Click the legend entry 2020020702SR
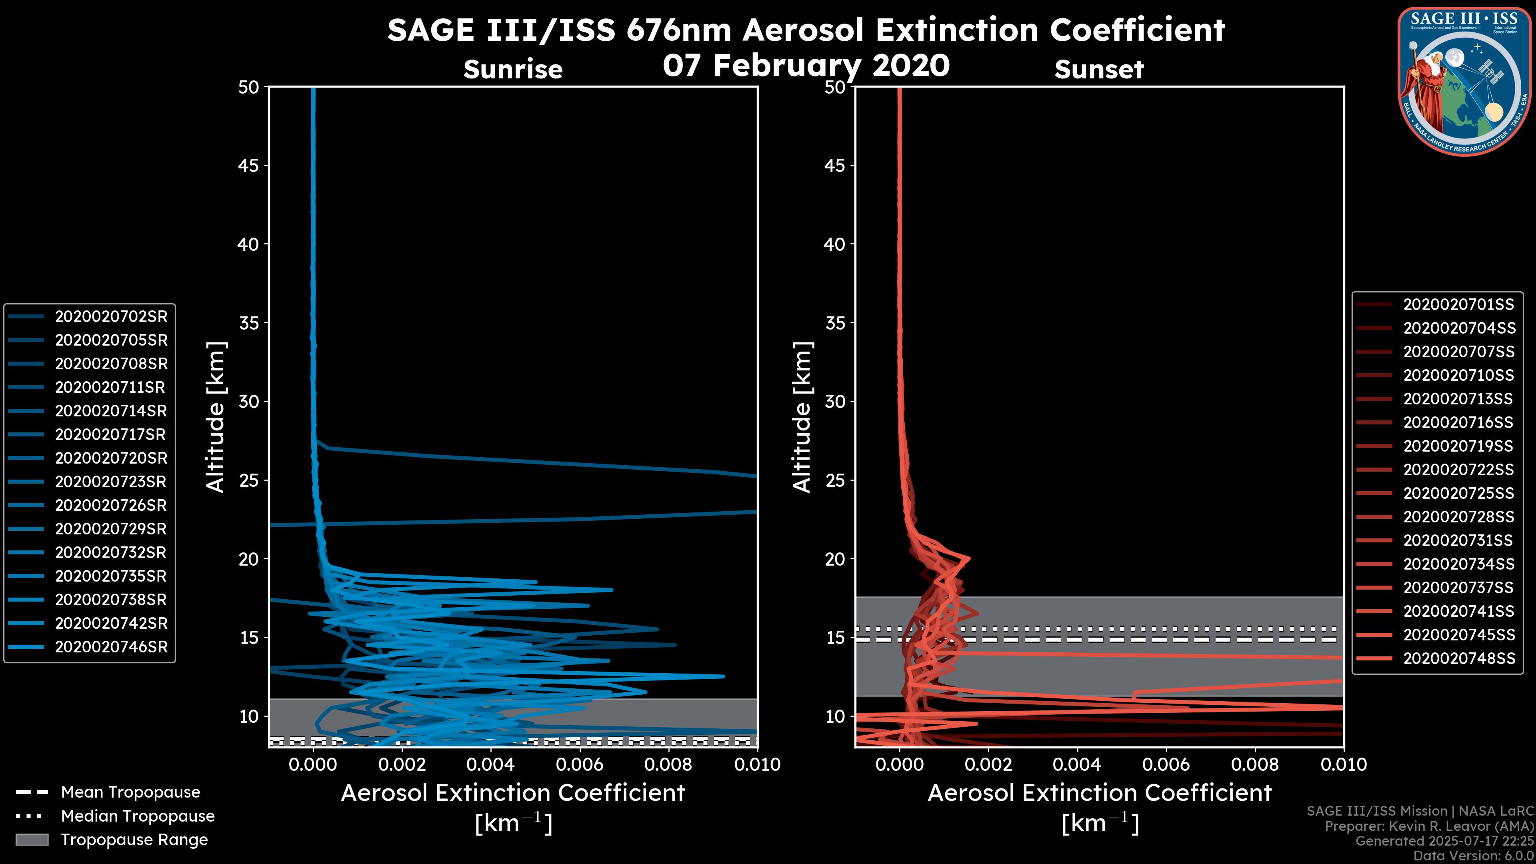pos(111,317)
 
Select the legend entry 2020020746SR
pos(111,647)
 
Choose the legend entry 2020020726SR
pos(111,506)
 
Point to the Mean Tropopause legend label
pos(130,792)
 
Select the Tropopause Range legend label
pos(134,840)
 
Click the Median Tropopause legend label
pos(137,816)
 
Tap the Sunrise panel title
pos(513,69)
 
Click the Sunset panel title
pos(1099,69)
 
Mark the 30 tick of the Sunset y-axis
pos(835,401)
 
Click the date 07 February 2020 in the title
pos(806,65)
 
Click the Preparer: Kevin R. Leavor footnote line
pos(1429,826)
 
